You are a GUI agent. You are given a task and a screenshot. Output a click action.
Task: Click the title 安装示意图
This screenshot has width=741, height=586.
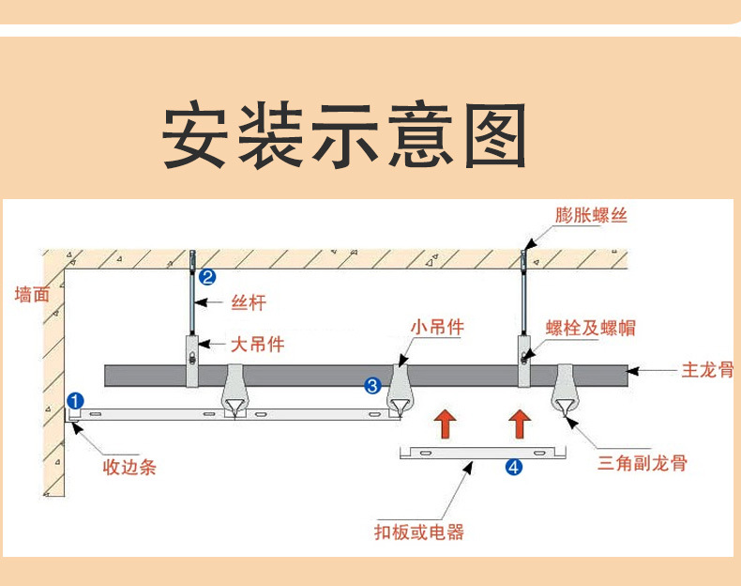(x=344, y=136)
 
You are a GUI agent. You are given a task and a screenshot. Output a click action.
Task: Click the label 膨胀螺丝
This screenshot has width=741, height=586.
(x=591, y=216)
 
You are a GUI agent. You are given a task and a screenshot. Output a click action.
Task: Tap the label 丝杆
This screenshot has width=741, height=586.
(x=249, y=302)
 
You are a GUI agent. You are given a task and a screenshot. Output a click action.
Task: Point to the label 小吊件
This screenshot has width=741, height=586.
(x=437, y=327)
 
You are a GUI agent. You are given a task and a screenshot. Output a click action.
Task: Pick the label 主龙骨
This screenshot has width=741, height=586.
(x=706, y=370)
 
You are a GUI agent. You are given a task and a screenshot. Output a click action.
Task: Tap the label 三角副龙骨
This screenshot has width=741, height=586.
(x=643, y=463)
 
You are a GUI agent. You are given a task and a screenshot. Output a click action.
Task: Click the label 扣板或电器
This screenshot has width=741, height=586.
(x=418, y=532)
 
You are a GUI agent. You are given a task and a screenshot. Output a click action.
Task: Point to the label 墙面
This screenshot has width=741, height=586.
(x=32, y=294)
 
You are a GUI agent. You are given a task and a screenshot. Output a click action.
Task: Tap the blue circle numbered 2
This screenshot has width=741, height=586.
(x=207, y=276)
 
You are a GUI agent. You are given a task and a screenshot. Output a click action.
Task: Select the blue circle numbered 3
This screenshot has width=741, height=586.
(x=372, y=385)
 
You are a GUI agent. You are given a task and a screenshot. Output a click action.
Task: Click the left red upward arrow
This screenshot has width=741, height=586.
(x=446, y=424)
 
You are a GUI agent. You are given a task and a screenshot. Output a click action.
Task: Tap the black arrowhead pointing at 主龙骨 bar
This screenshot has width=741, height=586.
(x=633, y=371)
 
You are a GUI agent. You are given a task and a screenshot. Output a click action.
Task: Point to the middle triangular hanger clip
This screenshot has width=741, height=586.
(x=401, y=393)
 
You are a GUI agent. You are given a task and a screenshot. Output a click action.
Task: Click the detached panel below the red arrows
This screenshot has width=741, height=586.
(x=483, y=453)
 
